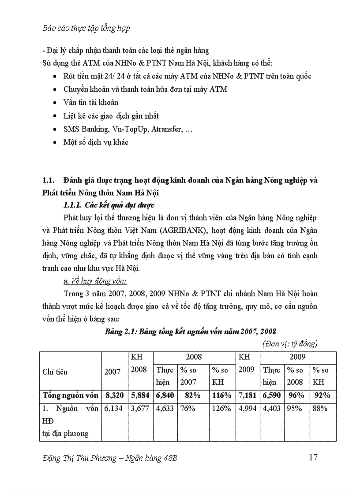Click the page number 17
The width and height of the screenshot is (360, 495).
313,457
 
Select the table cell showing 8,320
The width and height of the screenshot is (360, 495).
113,395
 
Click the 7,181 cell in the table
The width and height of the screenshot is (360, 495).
247,395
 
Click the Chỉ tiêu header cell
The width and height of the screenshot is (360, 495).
55,372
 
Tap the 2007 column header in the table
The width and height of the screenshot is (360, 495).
112,372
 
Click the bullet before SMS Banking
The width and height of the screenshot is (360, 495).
54,130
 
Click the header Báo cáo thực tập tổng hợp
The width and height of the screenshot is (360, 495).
86,29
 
